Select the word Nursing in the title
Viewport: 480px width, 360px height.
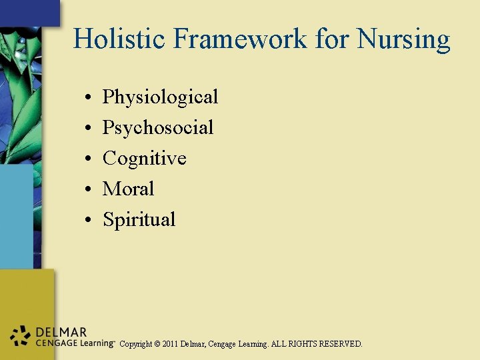pyautogui.click(x=403, y=40)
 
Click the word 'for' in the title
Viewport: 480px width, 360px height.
pyautogui.click(x=332, y=39)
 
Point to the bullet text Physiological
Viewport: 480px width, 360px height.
pyautogui.click(x=160, y=97)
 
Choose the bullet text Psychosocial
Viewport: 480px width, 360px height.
pyautogui.click(x=158, y=128)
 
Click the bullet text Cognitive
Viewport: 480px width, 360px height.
pyautogui.click(x=144, y=159)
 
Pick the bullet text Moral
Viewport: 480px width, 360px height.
pyautogui.click(x=128, y=189)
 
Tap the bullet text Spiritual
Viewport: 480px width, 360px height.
pyautogui.click(x=139, y=220)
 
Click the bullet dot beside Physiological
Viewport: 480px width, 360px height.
pyautogui.click(x=89, y=98)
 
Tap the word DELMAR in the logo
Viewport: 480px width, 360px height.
pyautogui.click(x=61, y=332)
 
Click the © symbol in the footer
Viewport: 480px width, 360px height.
pyautogui.click(x=157, y=345)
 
